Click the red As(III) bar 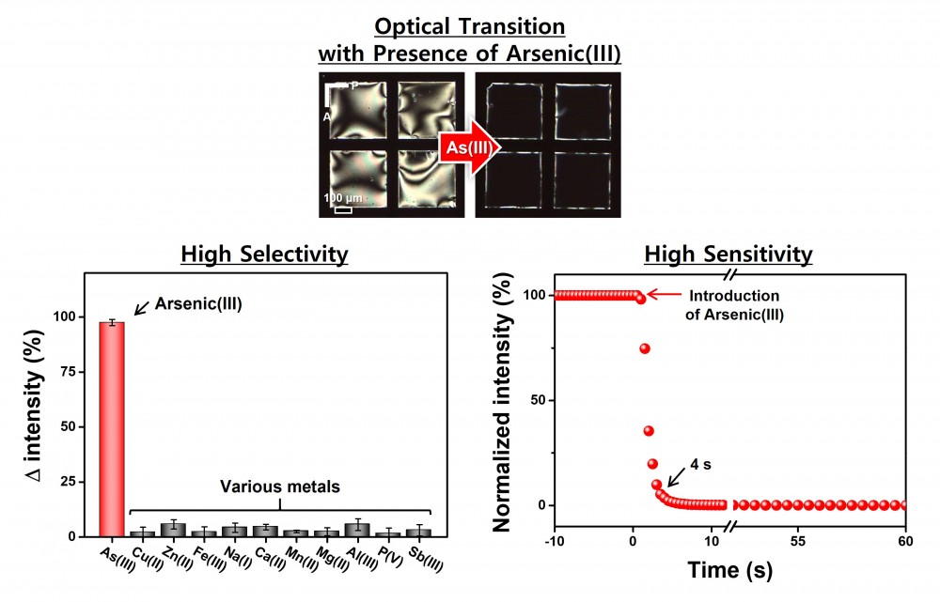point(112,428)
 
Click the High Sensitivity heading point(728,255)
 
